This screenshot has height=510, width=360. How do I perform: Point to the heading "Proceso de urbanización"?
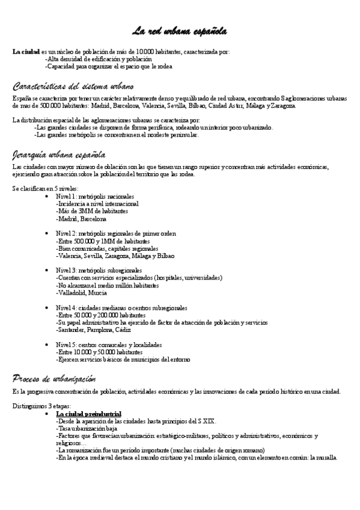click(x=54, y=378)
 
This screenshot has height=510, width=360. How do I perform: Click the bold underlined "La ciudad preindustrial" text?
click(x=88, y=414)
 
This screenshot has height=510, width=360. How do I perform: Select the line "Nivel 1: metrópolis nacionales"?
click(x=95, y=197)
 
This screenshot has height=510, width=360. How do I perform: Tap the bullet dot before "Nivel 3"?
click(x=47, y=271)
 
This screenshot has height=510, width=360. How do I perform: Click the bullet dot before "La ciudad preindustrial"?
click(x=47, y=414)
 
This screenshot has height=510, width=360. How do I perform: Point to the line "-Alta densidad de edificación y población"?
click(x=99, y=60)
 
